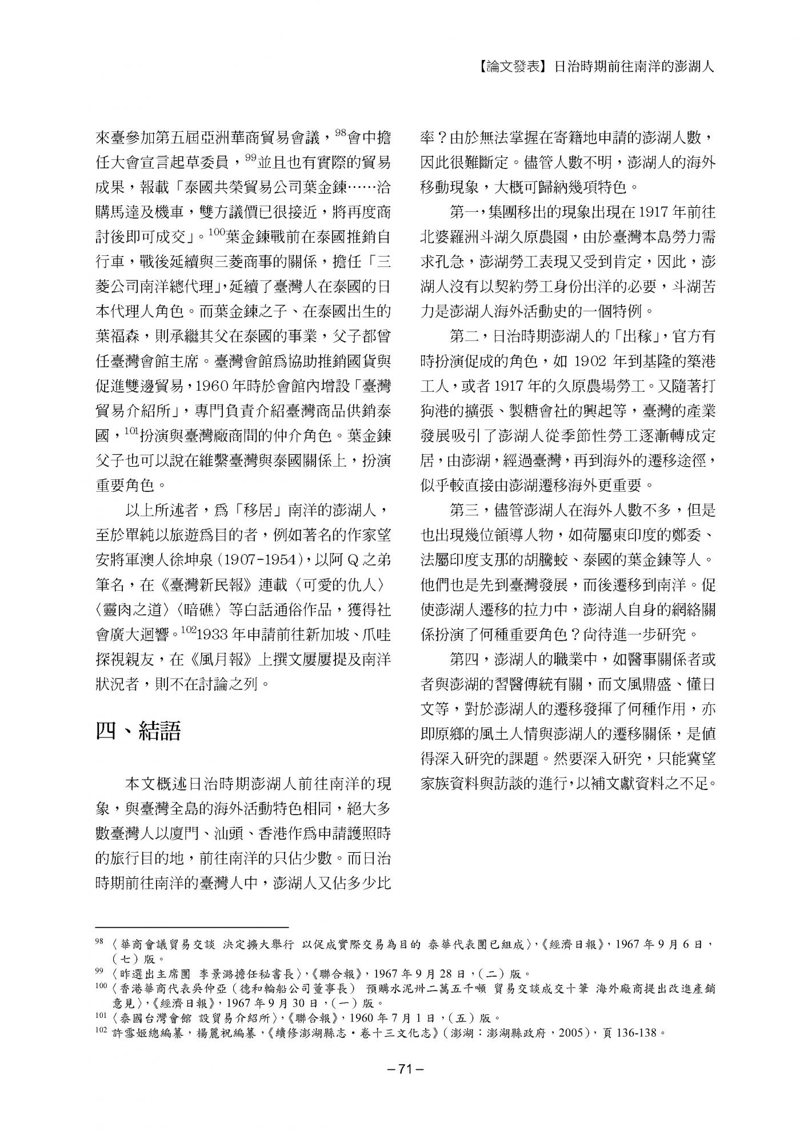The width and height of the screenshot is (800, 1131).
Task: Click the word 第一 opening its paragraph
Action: pos(464,212)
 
